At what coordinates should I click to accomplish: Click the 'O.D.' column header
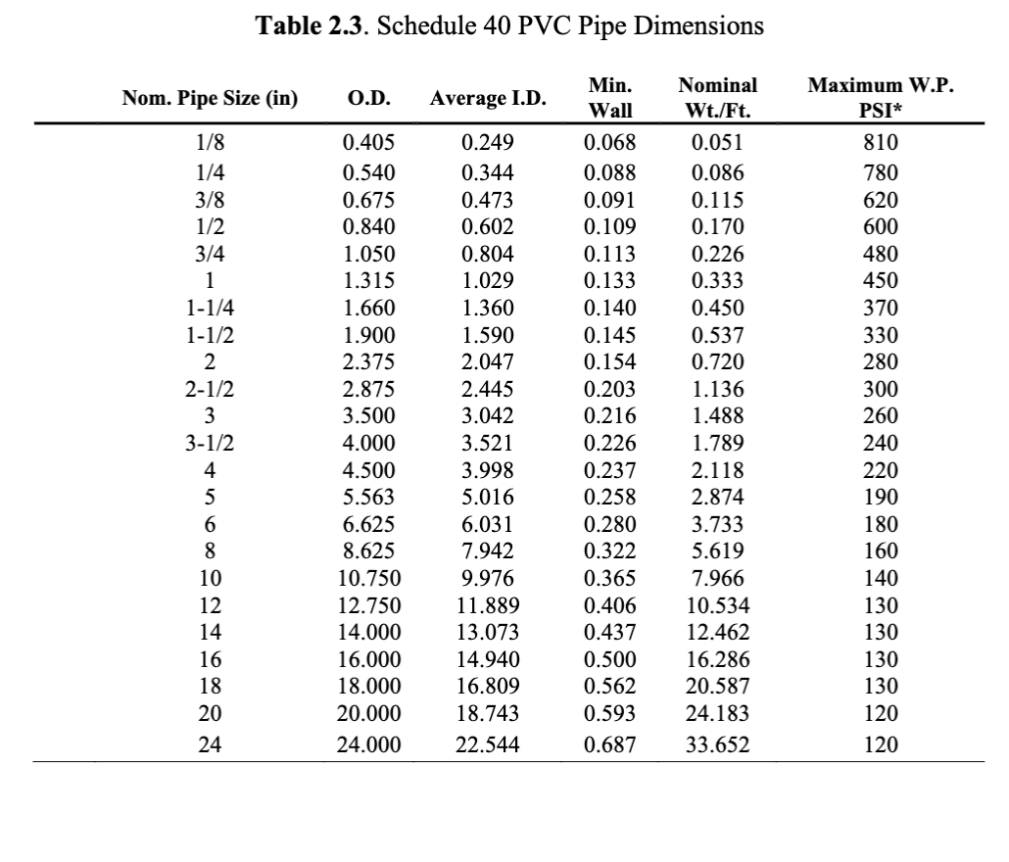point(369,99)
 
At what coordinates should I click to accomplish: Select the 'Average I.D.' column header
point(487,99)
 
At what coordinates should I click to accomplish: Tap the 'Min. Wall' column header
point(610,99)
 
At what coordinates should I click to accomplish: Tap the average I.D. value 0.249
point(485,145)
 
